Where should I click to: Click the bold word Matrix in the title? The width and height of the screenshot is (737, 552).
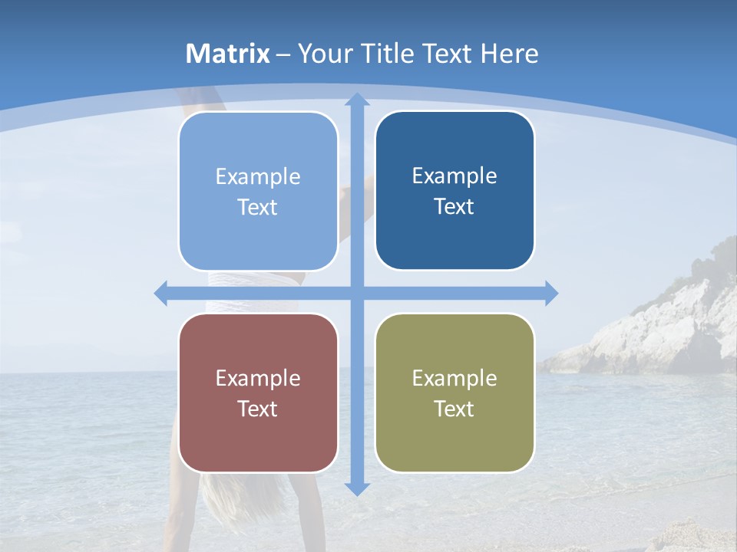tap(228, 54)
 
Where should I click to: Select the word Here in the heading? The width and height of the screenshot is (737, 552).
tap(509, 54)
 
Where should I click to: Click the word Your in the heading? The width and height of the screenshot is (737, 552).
tap(326, 54)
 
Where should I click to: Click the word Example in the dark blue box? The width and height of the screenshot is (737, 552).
tap(454, 176)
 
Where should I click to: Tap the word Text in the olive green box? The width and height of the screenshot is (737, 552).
tap(454, 409)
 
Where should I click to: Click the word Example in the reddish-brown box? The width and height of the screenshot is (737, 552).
tap(258, 378)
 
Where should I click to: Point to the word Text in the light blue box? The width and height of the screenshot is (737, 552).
tap(258, 207)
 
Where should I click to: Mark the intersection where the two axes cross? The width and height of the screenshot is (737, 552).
tap(357, 293)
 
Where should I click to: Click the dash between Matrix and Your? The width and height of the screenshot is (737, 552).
tap(283, 54)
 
